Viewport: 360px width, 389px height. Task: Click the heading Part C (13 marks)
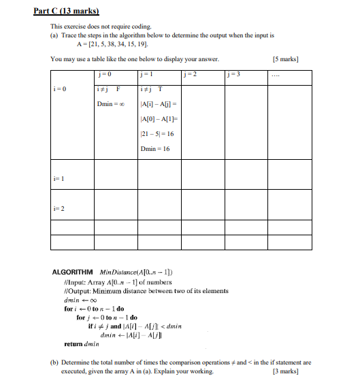coord(66,11)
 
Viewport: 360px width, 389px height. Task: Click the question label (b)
coord(55,362)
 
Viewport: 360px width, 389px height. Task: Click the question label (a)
coord(55,34)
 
